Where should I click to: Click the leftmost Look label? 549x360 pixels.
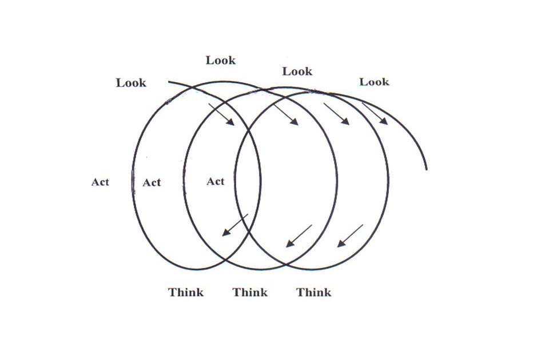click(131, 83)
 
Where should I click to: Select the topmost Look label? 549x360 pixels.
click(221, 60)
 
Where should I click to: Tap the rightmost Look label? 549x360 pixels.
click(374, 82)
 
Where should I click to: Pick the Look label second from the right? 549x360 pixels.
click(297, 71)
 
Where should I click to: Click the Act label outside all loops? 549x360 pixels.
click(100, 182)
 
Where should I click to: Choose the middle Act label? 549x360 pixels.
click(152, 182)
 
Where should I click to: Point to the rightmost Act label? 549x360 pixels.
click(216, 181)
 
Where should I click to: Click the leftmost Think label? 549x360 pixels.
click(186, 292)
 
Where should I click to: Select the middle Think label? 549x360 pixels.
click(250, 292)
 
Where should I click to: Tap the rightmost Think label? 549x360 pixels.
click(314, 292)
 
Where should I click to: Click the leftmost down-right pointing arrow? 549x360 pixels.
click(221, 114)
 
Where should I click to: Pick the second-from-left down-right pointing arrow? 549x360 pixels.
click(286, 114)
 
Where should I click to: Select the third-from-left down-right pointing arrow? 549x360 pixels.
click(336, 114)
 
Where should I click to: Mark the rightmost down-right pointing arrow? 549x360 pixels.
click(375, 113)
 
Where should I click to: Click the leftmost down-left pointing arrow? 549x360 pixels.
click(234, 225)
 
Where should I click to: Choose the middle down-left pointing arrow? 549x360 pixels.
click(299, 236)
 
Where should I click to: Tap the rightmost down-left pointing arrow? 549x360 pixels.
click(349, 235)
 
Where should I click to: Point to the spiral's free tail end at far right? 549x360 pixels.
click(427, 169)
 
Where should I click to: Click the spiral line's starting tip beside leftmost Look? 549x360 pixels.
click(169, 82)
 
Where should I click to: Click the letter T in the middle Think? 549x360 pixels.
click(236, 292)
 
